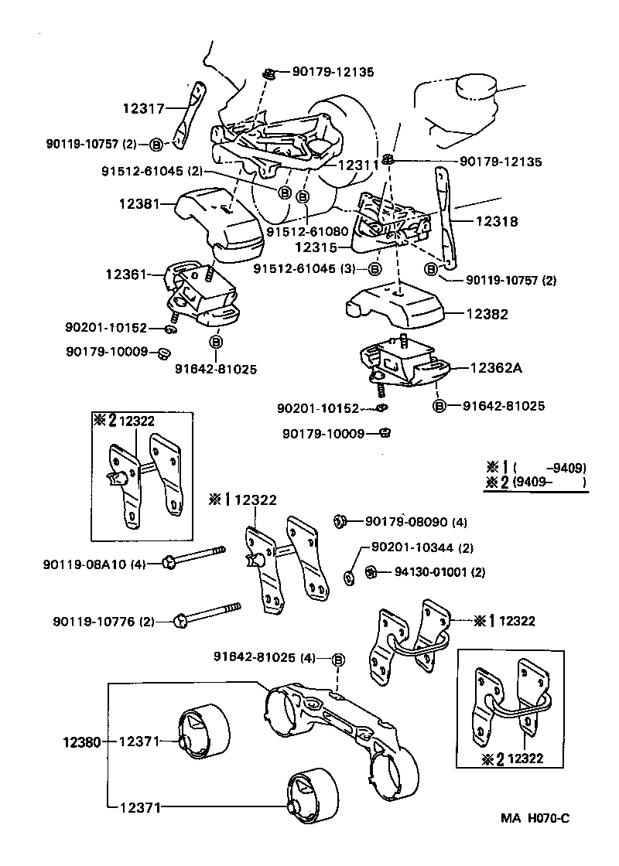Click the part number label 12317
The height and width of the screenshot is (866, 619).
click(143, 109)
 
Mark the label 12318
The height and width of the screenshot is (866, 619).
click(498, 221)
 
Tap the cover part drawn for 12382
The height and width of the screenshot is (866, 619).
click(395, 305)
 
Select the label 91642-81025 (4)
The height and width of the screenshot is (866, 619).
click(265, 658)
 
